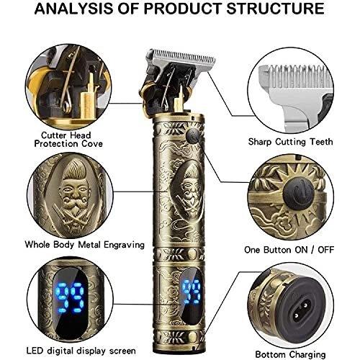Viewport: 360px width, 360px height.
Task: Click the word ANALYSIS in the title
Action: pos(74,9)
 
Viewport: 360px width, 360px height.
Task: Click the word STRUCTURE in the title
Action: pos(276,9)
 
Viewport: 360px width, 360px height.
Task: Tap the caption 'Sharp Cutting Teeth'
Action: pos(290,142)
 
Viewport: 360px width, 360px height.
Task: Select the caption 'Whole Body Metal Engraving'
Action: pos(85,245)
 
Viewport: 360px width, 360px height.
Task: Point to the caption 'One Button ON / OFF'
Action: pos(289,250)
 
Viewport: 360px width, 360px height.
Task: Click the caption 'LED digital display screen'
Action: pos(81,351)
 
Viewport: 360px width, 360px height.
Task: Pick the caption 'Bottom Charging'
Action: pos(290,354)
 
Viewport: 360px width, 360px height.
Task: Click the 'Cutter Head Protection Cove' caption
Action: pos(68,140)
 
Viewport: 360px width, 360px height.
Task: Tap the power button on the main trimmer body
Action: pos(193,135)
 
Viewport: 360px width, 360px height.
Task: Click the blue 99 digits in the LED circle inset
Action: pos(71,297)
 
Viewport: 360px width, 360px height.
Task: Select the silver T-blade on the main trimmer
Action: pos(181,60)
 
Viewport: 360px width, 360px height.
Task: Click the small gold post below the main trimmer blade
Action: pos(179,99)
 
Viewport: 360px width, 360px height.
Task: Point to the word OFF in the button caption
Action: pos(325,250)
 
